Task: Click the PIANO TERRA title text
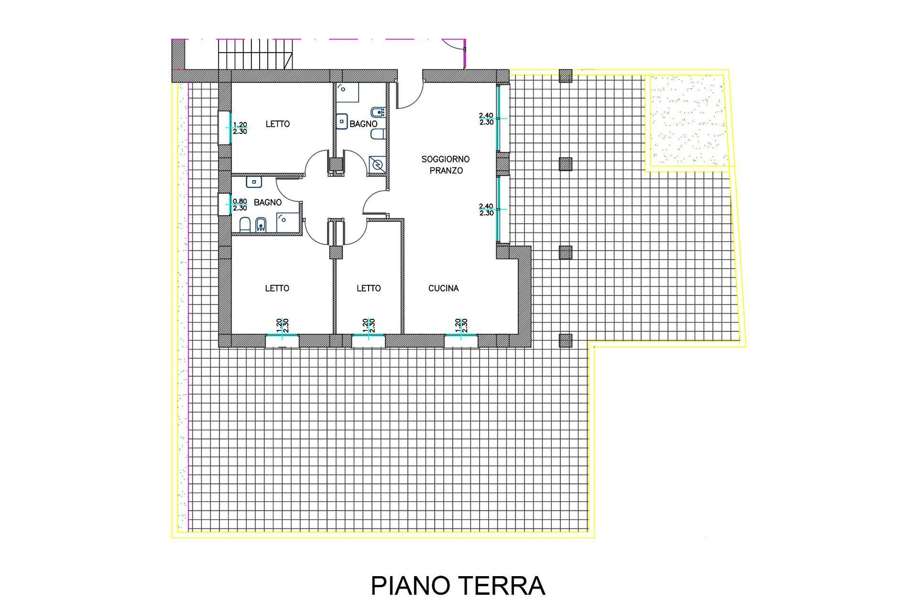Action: tap(458, 585)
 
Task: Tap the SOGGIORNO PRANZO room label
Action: tap(446, 164)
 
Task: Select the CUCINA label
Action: tap(443, 288)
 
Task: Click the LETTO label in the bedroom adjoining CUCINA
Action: tap(369, 288)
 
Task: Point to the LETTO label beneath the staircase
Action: tap(278, 124)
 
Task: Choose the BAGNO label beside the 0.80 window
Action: tap(268, 203)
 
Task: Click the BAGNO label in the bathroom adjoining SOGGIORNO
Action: tap(363, 124)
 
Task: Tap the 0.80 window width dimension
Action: tap(240, 201)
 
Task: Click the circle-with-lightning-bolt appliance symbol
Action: tap(378, 164)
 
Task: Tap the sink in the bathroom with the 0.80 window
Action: tap(254, 182)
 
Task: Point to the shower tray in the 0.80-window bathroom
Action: tap(287, 222)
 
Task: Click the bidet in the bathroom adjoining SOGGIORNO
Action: tap(378, 113)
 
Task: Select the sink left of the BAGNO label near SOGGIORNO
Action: tap(342, 121)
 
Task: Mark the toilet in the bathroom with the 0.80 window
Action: tap(245, 224)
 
